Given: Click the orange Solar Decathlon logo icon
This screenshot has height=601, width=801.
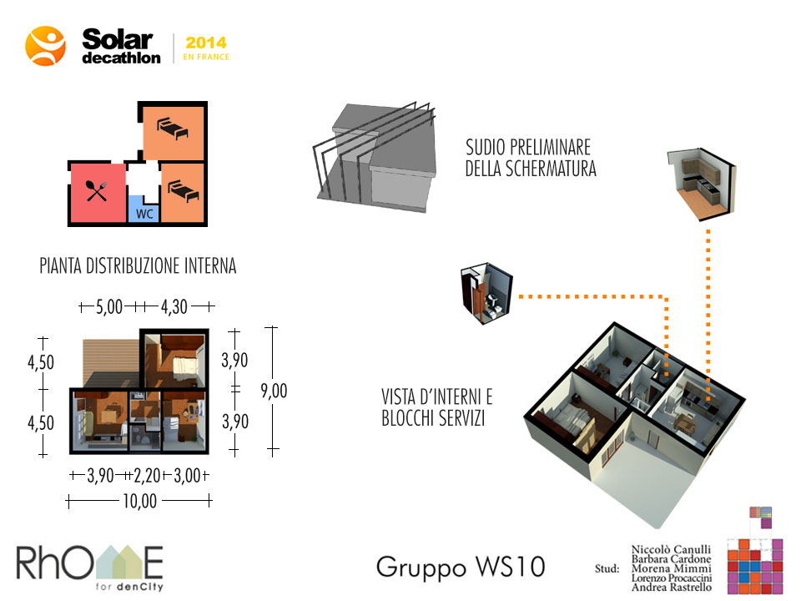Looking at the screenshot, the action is (45, 46).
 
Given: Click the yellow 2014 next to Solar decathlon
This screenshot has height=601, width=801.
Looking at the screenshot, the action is (206, 43).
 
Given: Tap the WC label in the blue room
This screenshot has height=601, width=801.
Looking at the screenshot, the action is (144, 214).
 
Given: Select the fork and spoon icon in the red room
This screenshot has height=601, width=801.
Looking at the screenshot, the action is (97, 191).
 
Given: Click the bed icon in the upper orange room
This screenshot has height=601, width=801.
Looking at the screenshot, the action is (173, 128).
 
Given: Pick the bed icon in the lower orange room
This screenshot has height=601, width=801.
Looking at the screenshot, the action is (184, 191).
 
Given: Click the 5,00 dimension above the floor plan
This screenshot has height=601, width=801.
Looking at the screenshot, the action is (109, 306).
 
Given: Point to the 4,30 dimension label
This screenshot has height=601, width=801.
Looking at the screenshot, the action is (174, 306).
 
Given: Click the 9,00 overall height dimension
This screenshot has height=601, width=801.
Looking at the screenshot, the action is (274, 391).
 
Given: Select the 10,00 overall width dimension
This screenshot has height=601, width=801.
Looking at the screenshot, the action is (139, 501).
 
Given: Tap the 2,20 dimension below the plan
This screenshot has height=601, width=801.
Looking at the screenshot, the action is (147, 476).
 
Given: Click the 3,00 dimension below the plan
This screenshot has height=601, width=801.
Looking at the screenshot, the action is (188, 476).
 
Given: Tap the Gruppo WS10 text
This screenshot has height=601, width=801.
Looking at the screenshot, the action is (461, 567).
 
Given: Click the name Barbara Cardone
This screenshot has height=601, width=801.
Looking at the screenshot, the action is (671, 559).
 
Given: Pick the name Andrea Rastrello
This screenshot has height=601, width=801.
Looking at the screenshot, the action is (671, 587).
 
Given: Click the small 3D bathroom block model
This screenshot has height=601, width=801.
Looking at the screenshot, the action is (486, 293).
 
